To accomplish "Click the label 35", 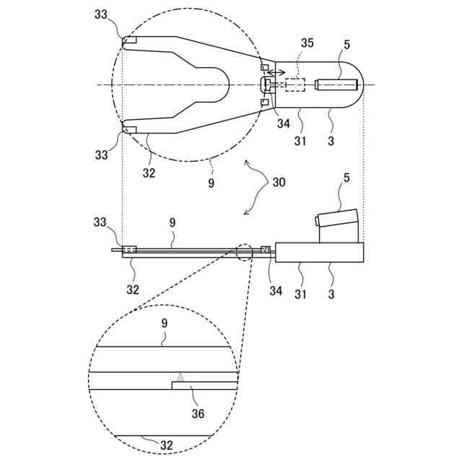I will point(308,44).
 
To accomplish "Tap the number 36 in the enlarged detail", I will point(198,414).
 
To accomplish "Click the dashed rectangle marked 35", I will point(295,85).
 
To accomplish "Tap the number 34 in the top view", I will point(284,123).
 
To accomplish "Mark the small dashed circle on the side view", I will point(244,252).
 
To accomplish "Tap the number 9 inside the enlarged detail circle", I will point(165,325).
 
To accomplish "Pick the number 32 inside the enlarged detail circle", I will point(166,445).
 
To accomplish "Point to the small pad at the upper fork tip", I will point(129,40).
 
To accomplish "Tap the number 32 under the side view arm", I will point(131,290).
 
